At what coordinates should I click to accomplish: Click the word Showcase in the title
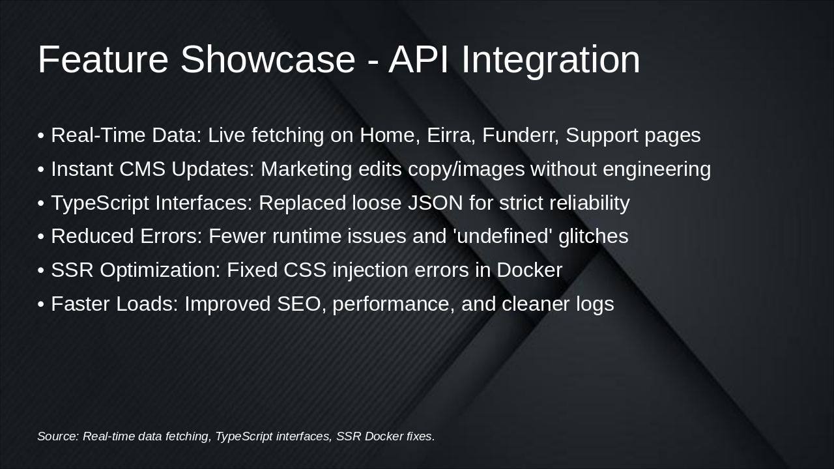click(268, 59)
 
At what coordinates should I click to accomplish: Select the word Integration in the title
click(551, 59)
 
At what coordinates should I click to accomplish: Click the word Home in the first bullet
click(390, 135)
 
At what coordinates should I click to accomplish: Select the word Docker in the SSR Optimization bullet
click(529, 270)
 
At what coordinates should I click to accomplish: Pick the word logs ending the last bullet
click(595, 304)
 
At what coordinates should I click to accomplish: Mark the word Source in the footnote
click(57, 436)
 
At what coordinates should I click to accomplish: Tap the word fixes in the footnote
click(420, 436)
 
